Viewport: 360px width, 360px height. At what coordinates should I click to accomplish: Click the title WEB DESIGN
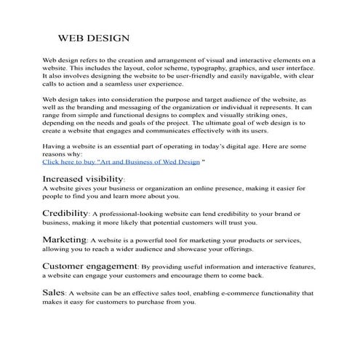click(x=94, y=36)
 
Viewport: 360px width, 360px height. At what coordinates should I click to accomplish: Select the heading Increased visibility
click(x=83, y=178)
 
